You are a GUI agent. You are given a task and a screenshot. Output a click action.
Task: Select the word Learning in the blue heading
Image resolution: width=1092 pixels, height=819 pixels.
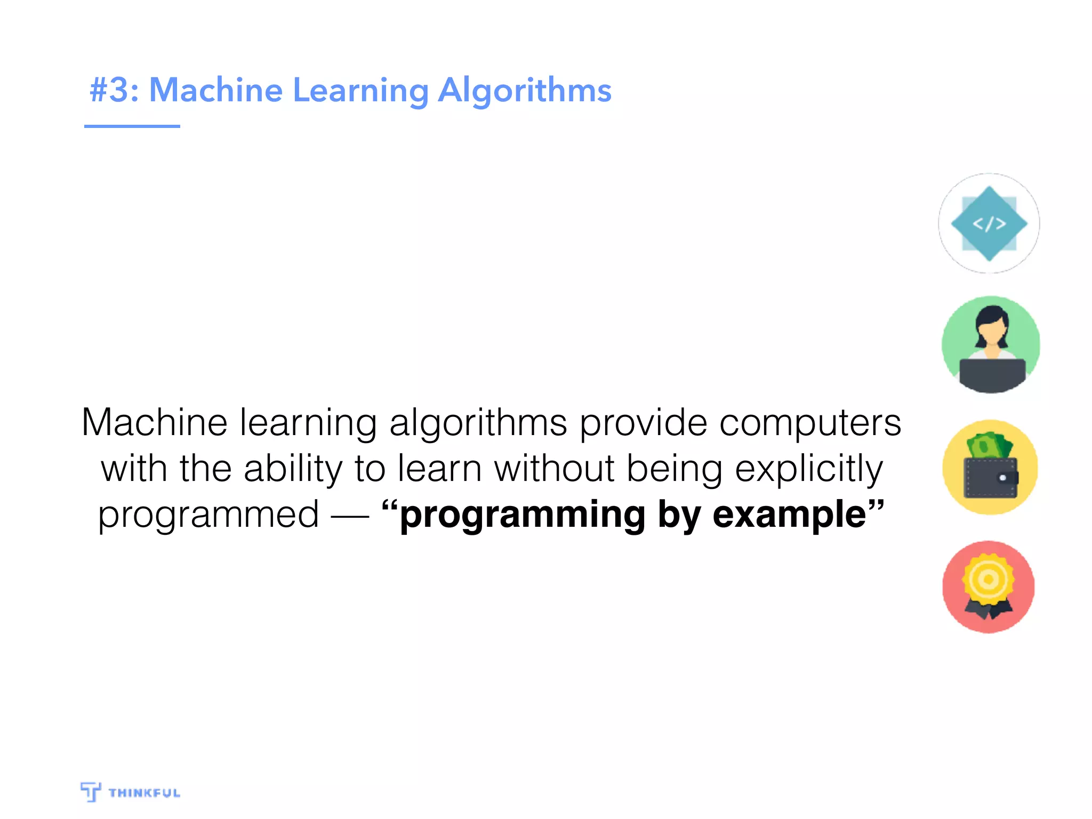(x=361, y=91)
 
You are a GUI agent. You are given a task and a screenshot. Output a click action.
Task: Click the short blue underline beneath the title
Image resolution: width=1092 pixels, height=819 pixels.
(x=132, y=126)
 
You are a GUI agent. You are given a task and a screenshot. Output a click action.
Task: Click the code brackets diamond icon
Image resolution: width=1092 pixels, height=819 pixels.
(x=989, y=223)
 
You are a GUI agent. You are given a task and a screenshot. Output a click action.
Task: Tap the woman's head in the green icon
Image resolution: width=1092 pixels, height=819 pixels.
(x=991, y=325)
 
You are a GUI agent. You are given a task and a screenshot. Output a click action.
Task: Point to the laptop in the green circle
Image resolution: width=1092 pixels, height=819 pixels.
(x=992, y=373)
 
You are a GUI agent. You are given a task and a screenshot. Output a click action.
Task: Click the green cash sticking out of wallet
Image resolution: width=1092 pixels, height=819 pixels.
(x=989, y=446)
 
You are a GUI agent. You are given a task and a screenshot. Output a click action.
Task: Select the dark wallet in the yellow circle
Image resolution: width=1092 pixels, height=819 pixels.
(x=990, y=478)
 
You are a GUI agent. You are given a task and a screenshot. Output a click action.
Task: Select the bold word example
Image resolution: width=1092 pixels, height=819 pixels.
(x=789, y=515)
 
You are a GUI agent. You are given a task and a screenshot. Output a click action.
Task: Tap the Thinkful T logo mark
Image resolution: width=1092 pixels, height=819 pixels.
(x=91, y=791)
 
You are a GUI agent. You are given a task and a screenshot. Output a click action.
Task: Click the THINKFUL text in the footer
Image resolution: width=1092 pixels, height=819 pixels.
(x=144, y=793)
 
